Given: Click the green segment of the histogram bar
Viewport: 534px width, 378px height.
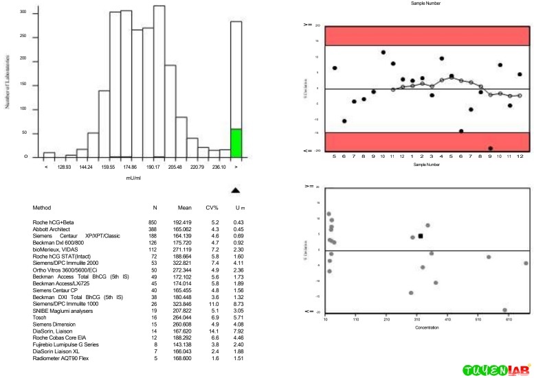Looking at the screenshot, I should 236,143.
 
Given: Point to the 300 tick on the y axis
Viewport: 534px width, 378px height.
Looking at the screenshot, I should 23,13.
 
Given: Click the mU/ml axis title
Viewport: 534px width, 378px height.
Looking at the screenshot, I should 135,178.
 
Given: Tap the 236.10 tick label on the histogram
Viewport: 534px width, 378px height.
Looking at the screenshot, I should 218,167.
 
